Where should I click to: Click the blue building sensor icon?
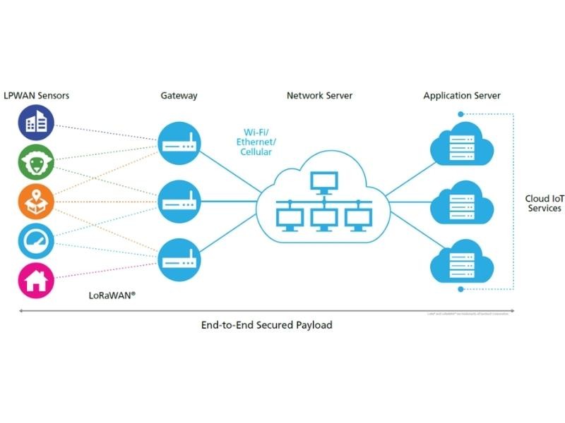point(35,124)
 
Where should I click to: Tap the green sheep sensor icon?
point(35,163)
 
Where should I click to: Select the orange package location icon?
point(35,202)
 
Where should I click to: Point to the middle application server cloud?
point(460,204)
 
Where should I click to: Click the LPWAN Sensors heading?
point(37,95)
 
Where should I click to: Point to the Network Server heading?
point(319,95)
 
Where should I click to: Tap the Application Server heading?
point(462,95)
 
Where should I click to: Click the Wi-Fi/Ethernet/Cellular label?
point(257,142)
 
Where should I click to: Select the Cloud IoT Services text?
point(543,203)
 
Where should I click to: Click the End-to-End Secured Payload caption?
point(266,325)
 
